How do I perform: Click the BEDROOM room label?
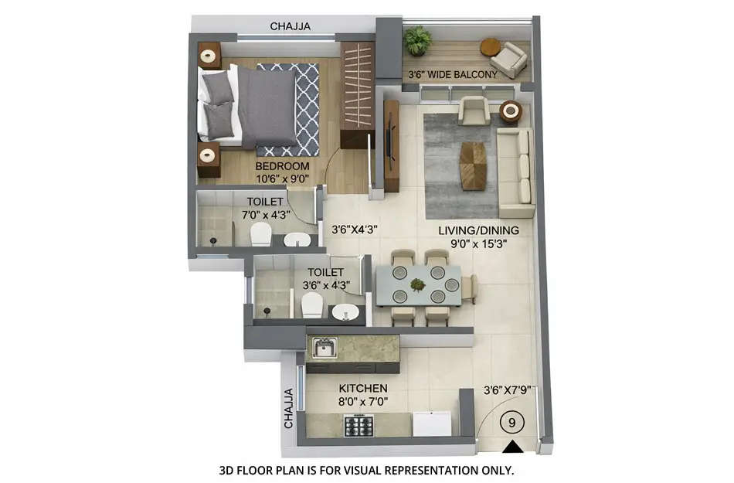pos(282,166)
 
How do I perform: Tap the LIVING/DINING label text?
pos(478,230)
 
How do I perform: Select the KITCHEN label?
pos(363,388)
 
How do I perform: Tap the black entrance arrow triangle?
pos(510,447)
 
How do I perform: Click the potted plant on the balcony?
pos(418,39)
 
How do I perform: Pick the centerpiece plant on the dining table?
pos(418,285)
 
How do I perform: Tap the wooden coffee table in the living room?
pos(473,165)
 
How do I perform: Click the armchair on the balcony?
pos(510,59)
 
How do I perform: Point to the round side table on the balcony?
pos(490,46)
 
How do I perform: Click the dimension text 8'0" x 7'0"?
pos(362,402)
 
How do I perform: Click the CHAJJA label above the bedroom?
pos(290,26)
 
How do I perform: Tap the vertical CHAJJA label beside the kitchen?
pos(289,408)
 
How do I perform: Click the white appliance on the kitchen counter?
pos(431,424)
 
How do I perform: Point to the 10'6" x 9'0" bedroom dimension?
pos(282,179)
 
